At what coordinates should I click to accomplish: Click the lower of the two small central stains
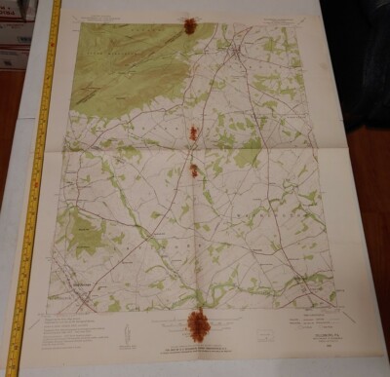coord(194,170)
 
